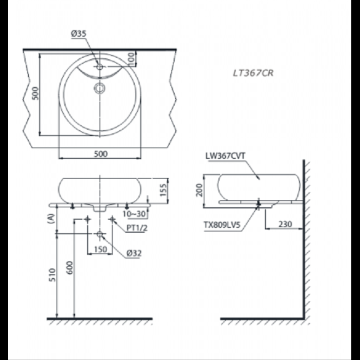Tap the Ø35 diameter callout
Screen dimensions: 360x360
pos(78,33)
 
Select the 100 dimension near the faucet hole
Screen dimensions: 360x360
pos(131,58)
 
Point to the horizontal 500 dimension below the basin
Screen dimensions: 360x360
pos(100,154)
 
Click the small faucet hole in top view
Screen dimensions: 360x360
pos(100,67)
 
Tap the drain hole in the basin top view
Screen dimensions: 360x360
pos(99,87)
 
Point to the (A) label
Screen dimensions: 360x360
pos(51,219)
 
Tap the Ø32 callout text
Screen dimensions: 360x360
pos(134,253)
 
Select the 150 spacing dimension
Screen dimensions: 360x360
pos(100,249)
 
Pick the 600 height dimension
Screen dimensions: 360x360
pos(70,268)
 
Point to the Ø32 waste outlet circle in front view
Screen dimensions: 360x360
pos(100,234)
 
